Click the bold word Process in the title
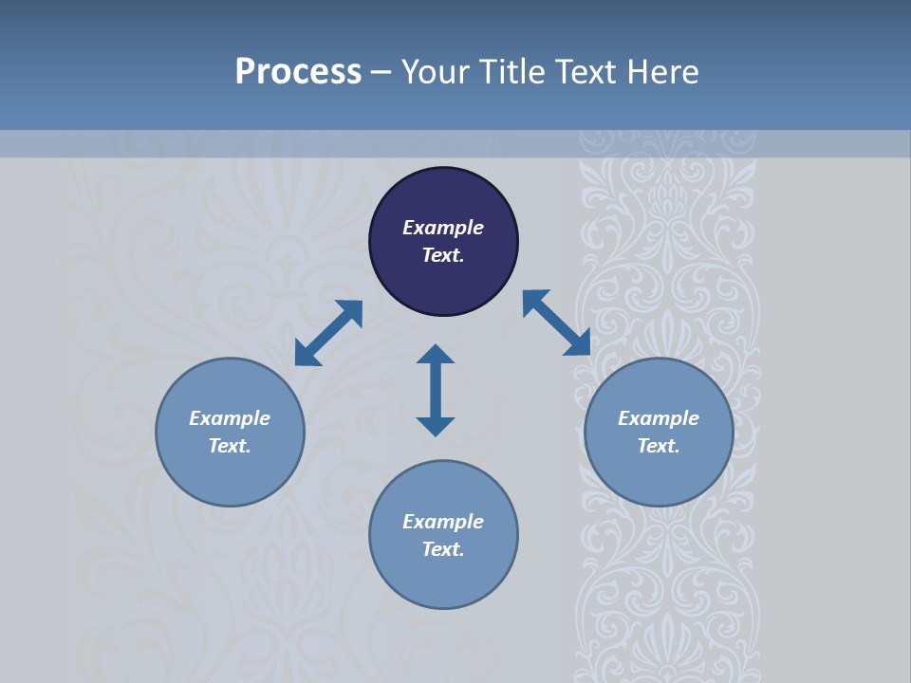click(298, 72)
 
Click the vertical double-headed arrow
click(436, 390)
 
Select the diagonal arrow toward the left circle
click(328, 333)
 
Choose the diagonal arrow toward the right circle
click(556, 323)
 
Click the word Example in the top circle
click(443, 228)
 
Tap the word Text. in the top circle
click(443, 255)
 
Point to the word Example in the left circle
click(230, 418)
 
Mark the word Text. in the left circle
click(230, 446)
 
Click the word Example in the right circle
click(659, 418)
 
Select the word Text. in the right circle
click(659, 446)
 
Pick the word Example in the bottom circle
click(443, 522)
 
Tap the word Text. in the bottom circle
click(443, 549)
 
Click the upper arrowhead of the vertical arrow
click(436, 355)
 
